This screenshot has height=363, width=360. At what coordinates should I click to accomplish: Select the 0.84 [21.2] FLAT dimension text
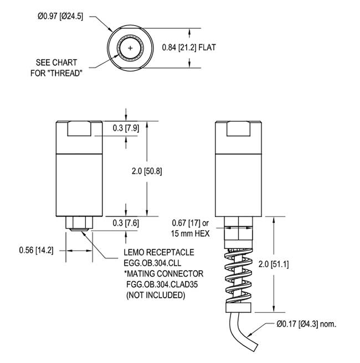(x=188, y=48)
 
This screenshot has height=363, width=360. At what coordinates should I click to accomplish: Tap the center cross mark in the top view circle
(x=130, y=48)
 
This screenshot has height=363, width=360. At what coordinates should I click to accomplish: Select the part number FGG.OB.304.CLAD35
(x=161, y=285)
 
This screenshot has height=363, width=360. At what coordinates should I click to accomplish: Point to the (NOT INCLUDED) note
(x=155, y=295)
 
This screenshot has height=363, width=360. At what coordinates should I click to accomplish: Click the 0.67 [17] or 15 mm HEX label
(x=189, y=228)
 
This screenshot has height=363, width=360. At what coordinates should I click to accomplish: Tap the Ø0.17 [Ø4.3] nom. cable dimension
(x=306, y=324)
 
